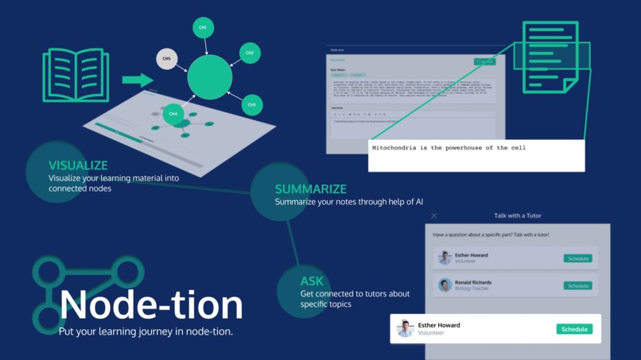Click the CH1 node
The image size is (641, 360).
tap(203, 28)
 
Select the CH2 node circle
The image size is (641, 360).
tap(250, 53)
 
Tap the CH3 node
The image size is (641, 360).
tap(252, 105)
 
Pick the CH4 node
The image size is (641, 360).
tap(173, 114)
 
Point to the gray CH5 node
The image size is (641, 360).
tap(166, 59)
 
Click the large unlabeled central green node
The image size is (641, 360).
tap(210, 77)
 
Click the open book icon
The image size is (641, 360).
tap(76, 75)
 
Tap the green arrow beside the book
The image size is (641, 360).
tap(138, 79)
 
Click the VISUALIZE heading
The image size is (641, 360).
tap(78, 165)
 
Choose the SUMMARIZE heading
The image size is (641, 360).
tap(311, 189)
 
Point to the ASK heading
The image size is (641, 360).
tap(312, 281)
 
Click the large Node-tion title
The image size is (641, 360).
tap(151, 304)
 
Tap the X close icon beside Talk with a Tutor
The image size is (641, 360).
tap(433, 215)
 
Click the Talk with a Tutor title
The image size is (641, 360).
tap(517, 215)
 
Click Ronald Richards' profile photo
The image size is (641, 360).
tap(445, 285)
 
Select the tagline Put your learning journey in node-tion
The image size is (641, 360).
tap(146, 331)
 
